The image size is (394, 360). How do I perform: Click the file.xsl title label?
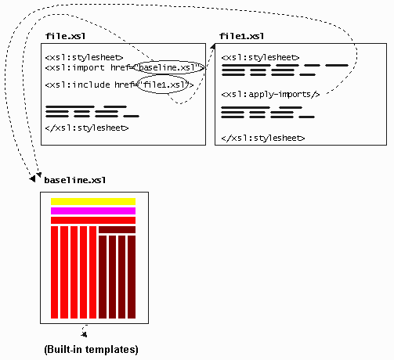[x=65, y=36]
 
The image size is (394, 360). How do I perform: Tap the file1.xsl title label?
[x=241, y=36]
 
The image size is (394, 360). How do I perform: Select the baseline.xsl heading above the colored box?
[x=75, y=180]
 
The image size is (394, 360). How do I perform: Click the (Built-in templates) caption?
[x=91, y=349]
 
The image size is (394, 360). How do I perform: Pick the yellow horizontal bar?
[x=93, y=202]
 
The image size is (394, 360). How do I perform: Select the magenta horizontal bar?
[x=93, y=211]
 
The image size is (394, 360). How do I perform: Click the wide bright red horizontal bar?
[x=93, y=220]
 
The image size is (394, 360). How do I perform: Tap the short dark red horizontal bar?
[x=117, y=229]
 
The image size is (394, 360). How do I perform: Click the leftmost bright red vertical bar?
[x=54, y=272]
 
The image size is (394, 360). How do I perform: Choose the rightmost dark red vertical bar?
[x=132, y=277]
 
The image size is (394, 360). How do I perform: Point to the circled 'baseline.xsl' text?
[x=167, y=67]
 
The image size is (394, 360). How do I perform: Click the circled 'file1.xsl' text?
[x=164, y=85]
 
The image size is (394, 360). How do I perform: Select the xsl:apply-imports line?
[x=270, y=94]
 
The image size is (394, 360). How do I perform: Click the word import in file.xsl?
[x=88, y=67]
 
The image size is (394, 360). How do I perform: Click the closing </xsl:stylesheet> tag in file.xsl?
[x=87, y=128]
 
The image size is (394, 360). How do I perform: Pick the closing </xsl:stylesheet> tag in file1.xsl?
[x=263, y=138]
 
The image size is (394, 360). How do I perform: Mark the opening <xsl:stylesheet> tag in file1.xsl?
[x=260, y=57]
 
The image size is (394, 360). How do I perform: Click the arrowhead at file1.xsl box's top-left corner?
[x=213, y=46]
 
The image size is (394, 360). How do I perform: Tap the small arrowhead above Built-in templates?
[x=84, y=334]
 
